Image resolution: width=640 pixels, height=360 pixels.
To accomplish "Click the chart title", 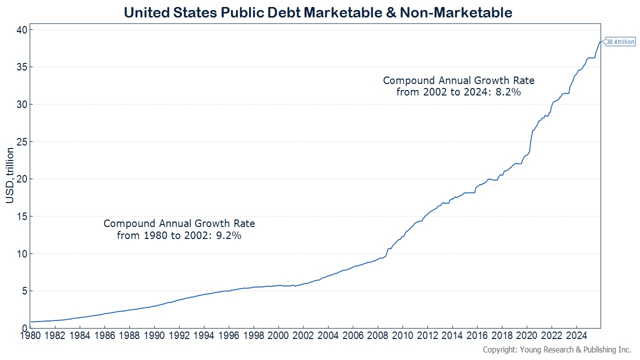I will (318, 12).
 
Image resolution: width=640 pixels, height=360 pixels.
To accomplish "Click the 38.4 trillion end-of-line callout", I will (620, 42).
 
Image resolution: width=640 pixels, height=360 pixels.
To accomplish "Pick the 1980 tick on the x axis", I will (30, 335).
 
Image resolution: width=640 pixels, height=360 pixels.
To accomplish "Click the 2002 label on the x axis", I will (303, 335).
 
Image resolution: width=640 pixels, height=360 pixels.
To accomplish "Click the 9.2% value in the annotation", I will (230, 235).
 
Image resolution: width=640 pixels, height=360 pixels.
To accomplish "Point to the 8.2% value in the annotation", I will (510, 92).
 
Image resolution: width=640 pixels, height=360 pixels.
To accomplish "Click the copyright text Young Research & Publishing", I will (556, 350).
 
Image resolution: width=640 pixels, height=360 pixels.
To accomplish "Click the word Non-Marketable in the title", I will (456, 12).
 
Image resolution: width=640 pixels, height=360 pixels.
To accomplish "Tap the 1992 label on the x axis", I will (179, 335).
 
